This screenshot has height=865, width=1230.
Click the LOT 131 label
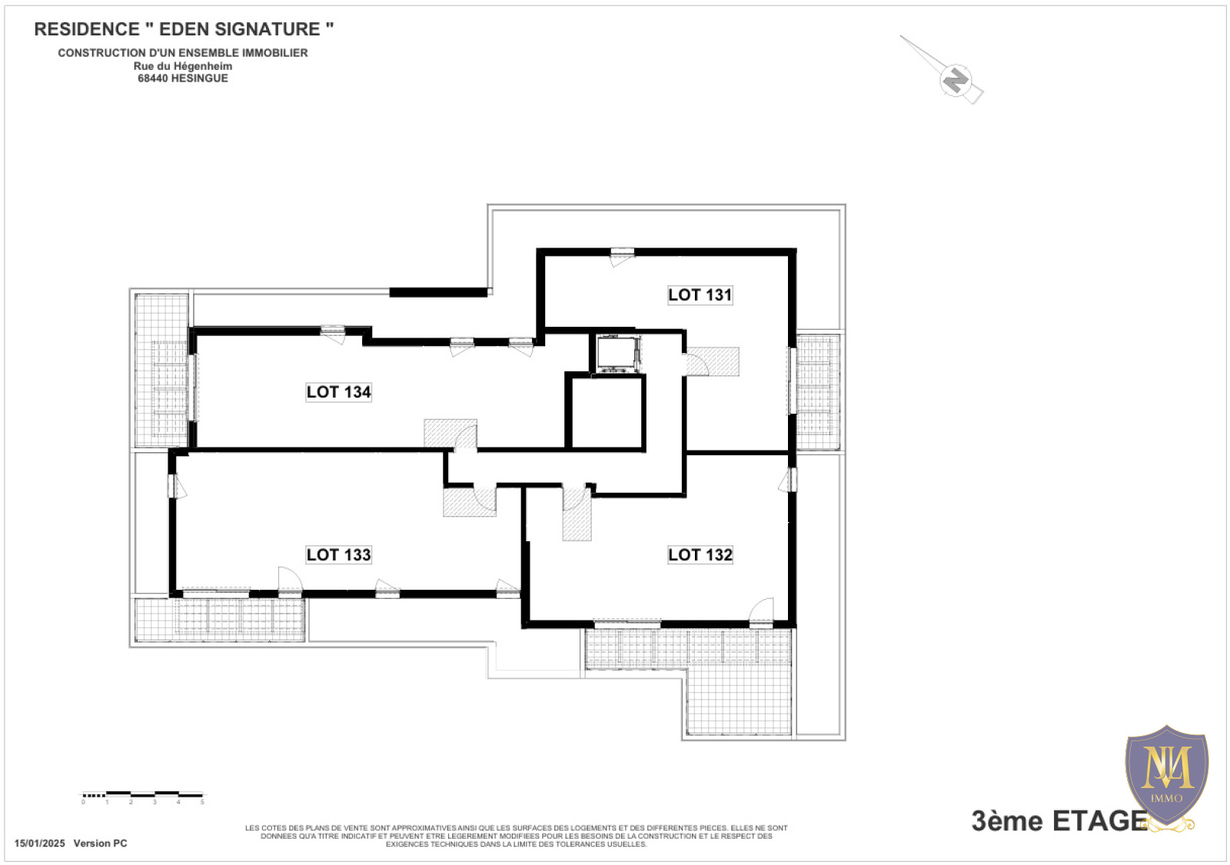(700, 295)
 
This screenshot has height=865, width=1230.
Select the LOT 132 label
(700, 554)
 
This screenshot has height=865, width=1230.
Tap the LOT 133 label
(339, 554)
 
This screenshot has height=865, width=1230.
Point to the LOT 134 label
(339, 392)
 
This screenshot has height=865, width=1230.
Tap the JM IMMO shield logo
(1167, 777)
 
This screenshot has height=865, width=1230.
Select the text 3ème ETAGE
(1059, 821)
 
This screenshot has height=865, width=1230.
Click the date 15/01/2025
(39, 843)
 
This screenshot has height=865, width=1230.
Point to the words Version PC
(101, 843)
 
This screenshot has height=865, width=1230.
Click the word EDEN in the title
(184, 29)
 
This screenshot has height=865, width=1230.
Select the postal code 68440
(152, 78)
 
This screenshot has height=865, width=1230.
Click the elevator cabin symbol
(618, 354)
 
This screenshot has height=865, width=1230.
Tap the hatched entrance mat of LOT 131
(712, 361)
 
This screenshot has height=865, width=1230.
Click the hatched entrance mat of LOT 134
(450, 434)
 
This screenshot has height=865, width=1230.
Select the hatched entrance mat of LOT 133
(470, 502)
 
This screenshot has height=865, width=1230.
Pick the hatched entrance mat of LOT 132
(577, 514)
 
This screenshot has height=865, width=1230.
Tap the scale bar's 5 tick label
(202, 803)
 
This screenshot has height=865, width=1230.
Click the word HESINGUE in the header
(199, 78)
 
